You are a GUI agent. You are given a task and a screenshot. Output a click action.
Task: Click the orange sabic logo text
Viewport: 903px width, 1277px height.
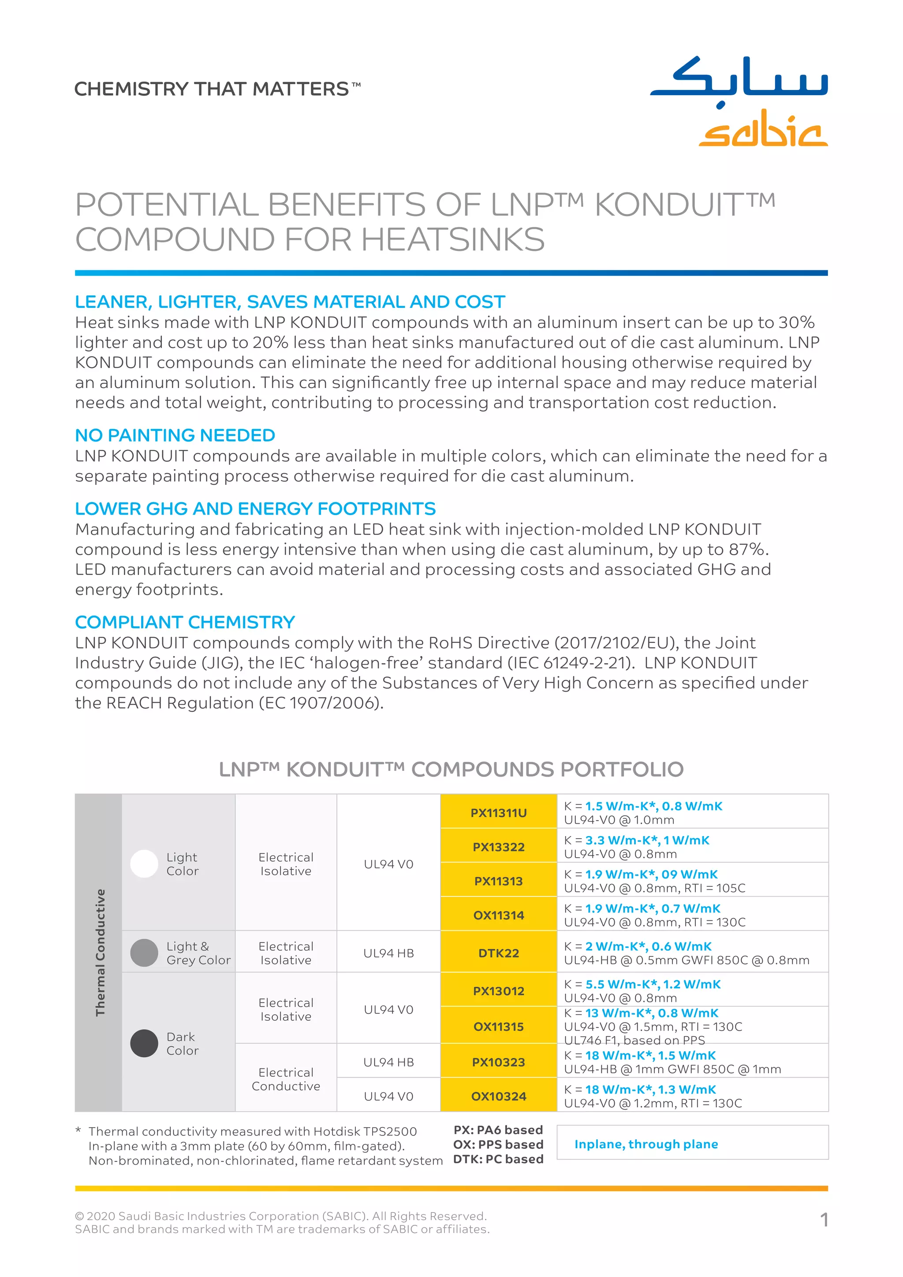tap(762, 129)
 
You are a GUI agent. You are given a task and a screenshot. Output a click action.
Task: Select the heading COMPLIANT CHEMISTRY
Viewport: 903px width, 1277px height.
tap(185, 622)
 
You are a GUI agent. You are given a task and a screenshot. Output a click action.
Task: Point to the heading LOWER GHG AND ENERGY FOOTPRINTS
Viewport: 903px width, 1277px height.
tap(255, 508)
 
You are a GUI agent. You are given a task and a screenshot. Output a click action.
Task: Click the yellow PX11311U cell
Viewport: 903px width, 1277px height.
tap(498, 813)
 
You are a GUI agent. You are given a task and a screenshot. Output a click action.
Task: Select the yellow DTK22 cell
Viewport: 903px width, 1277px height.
tap(498, 953)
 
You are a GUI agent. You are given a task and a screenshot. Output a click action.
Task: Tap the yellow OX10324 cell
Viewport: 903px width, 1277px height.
tap(498, 1096)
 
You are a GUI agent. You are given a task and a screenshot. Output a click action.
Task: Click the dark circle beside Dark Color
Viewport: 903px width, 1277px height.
tap(144, 1043)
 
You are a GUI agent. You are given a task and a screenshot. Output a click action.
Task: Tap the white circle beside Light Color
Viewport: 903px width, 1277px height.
tap(144, 864)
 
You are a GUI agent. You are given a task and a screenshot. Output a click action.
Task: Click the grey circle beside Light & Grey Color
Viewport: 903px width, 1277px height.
tap(144, 953)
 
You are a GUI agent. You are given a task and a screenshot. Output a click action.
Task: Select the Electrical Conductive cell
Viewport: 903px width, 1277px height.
tap(286, 1079)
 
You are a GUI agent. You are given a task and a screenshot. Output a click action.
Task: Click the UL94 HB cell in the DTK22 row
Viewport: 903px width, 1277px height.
tap(388, 953)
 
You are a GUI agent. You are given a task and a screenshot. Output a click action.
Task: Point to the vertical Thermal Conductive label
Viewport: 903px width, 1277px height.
tap(100, 952)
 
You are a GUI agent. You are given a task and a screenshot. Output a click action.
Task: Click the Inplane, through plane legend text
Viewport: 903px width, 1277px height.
tap(646, 1144)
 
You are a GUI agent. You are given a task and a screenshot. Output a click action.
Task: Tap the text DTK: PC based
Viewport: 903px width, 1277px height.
tap(498, 1159)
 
